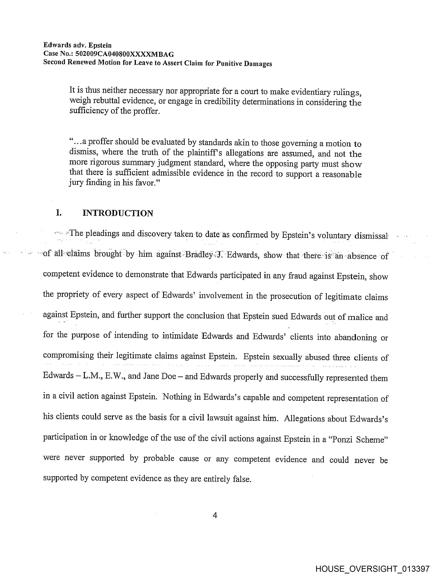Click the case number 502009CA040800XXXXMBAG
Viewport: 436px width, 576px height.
click(x=124, y=54)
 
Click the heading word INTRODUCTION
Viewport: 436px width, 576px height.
click(x=118, y=213)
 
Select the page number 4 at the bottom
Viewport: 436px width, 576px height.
click(x=215, y=515)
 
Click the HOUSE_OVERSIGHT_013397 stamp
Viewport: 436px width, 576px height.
click(x=372, y=569)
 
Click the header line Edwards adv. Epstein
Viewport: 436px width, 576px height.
click(x=77, y=45)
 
